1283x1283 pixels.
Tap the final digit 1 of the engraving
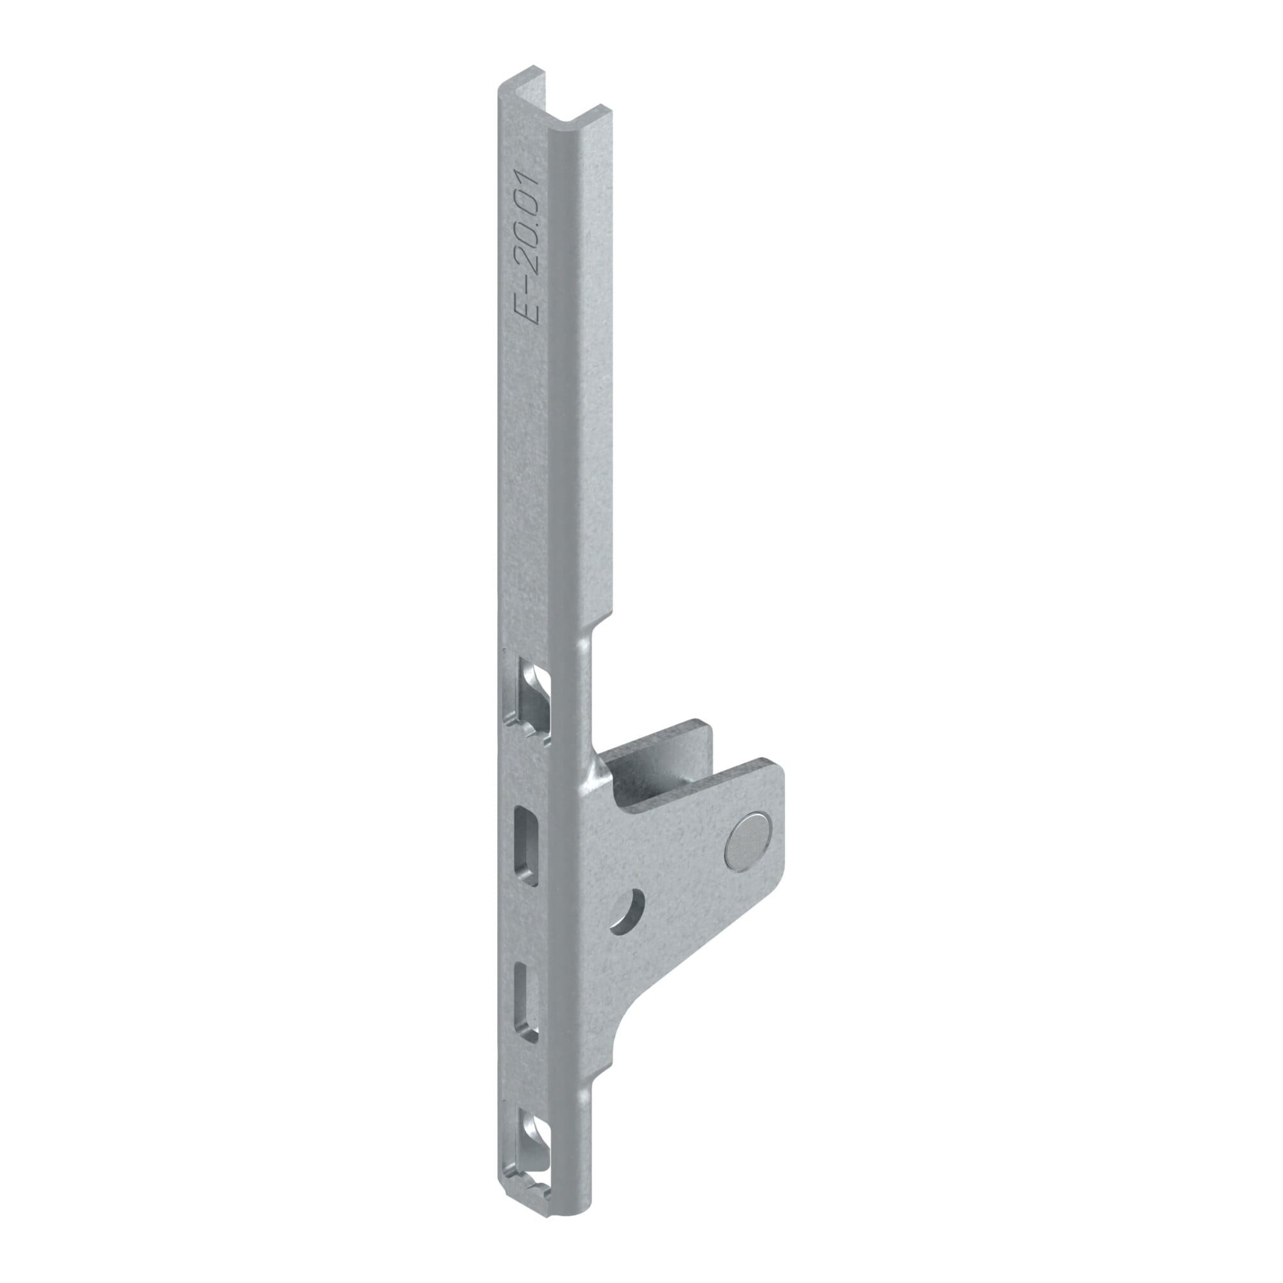529,177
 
